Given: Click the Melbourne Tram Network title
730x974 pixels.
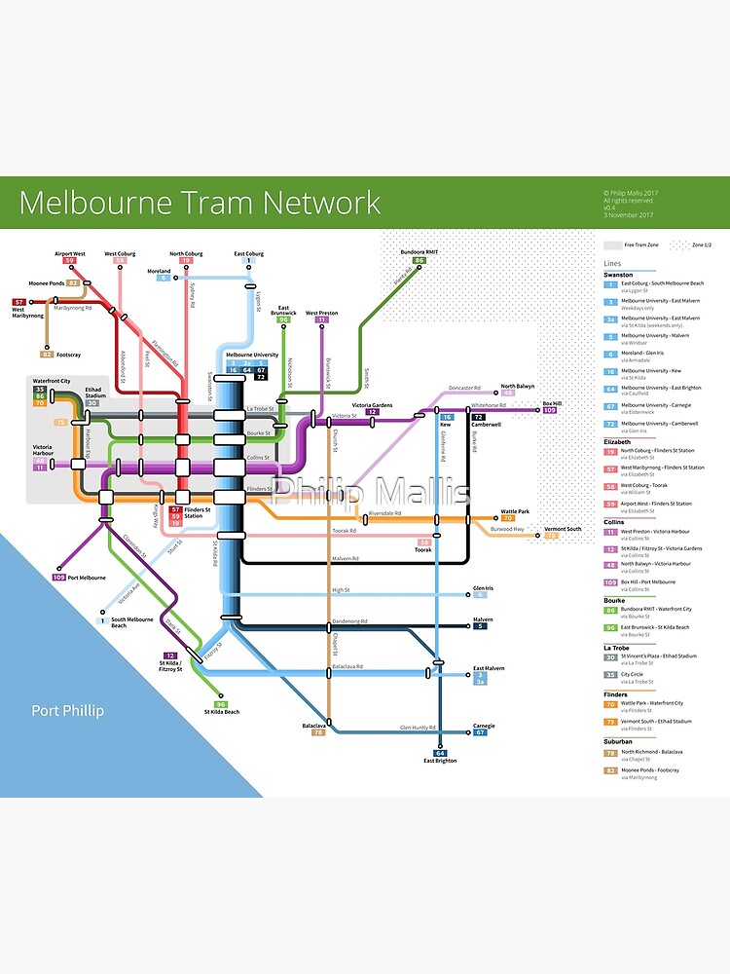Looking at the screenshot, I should pos(200,203).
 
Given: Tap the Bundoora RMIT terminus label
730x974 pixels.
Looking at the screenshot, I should pos(420,251).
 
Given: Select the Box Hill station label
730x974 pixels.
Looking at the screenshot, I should pos(552,402).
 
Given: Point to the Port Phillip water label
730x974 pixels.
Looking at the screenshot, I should pos(67,710).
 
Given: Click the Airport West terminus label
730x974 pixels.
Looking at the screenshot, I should pos(70,253).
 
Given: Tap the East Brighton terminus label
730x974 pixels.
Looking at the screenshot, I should pos(440,761).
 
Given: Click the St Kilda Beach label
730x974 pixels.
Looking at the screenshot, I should pos(221,713).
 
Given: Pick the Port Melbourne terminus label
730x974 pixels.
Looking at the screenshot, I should pos(87,578).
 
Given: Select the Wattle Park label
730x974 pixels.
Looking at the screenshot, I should pos(515,510).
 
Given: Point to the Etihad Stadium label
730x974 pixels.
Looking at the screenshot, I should pos(93,391).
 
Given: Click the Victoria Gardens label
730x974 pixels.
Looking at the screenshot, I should pos(372,404).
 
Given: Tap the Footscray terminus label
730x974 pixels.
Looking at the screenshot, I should pos(67,354).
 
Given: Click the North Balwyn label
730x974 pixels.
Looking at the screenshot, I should pos(517,386).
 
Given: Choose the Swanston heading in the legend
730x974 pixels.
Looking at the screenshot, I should pos(619,275).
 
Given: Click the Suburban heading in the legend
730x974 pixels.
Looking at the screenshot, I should pos(618,741).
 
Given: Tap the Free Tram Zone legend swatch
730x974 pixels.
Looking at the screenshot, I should pos(612,245).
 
